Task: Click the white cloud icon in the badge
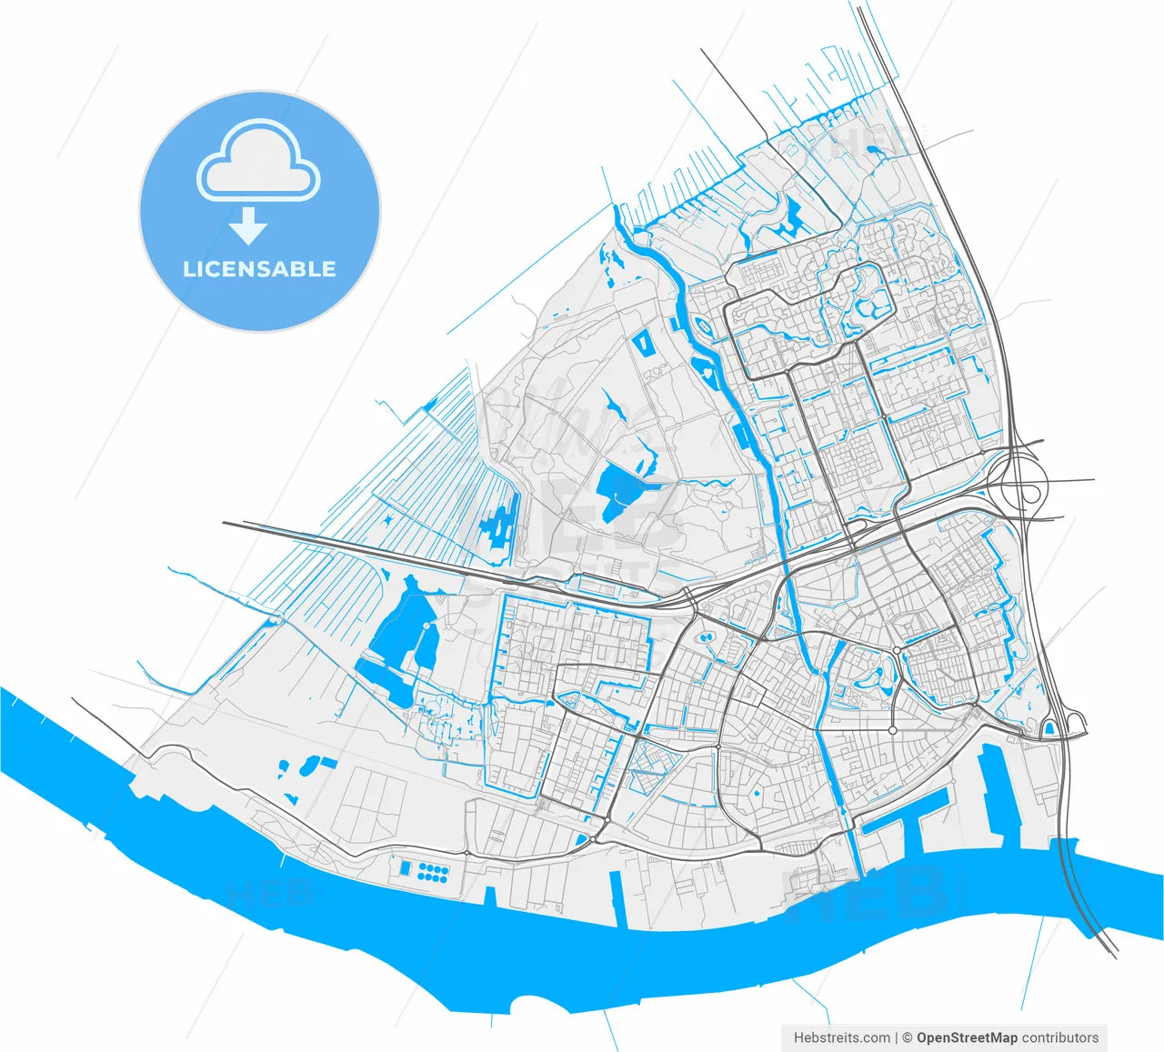258,163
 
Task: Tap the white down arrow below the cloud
247,225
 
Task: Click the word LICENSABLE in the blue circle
259,269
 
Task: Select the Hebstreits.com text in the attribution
841,1037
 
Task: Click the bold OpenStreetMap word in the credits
967,1037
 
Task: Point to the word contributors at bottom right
1060,1037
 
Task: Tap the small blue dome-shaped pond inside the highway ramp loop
1049,727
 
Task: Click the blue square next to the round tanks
403,869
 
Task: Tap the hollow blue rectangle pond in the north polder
643,344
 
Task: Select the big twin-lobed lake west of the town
400,627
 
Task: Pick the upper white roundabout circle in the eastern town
896,650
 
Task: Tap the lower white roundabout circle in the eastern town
892,729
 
